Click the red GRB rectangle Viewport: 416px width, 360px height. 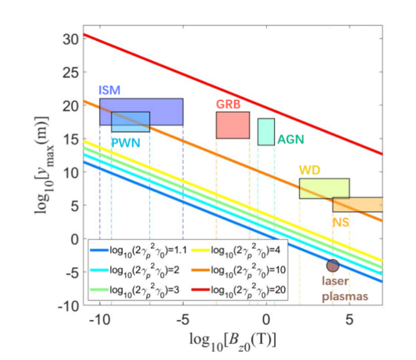point(233,125)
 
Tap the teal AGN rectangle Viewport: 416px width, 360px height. point(266,132)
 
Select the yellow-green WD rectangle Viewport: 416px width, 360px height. point(324,188)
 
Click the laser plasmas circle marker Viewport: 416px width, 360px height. point(333,266)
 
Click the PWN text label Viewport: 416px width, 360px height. point(126,142)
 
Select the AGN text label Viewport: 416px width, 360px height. point(291,139)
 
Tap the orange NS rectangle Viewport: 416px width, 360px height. point(358,205)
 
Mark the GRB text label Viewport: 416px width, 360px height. point(228,104)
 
